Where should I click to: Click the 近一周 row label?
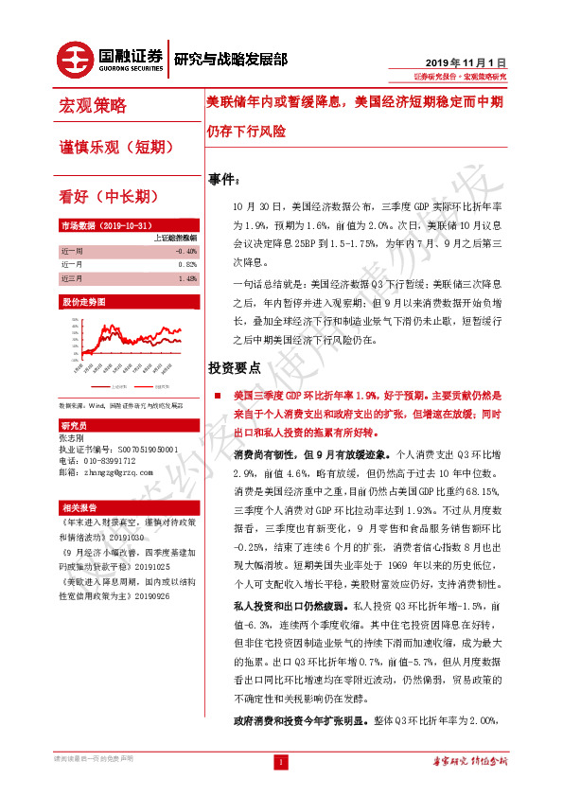coord(72,251)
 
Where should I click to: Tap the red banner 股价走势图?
coord(83,302)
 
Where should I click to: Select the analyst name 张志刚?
coord(72,438)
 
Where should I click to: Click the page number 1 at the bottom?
coord(281,761)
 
